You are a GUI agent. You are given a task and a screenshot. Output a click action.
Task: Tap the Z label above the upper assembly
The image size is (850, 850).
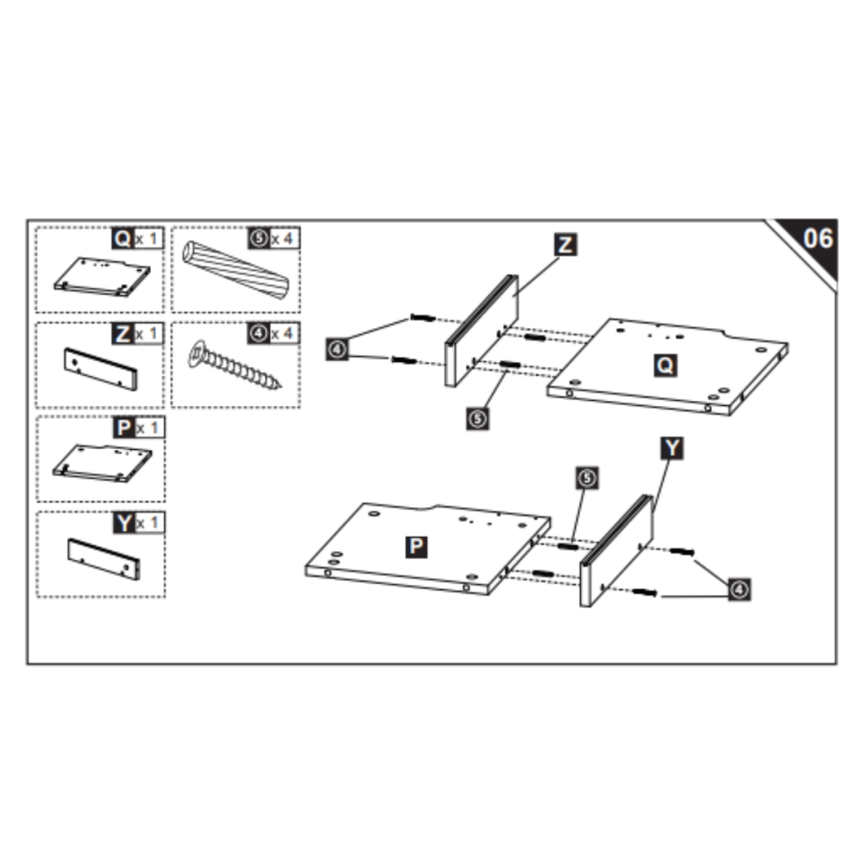(x=565, y=245)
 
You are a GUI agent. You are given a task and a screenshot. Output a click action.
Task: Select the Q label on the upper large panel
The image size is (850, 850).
(x=665, y=364)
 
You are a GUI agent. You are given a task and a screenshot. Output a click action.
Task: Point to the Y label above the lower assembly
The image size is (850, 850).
(x=672, y=448)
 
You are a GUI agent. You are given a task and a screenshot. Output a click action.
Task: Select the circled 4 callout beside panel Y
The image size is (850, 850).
(x=739, y=589)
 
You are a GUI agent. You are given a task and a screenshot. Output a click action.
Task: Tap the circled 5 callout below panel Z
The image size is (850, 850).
(x=477, y=418)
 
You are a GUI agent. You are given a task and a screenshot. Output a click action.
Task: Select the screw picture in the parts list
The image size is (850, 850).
(x=235, y=365)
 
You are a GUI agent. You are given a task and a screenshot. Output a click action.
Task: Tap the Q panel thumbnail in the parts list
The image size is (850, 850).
(x=101, y=276)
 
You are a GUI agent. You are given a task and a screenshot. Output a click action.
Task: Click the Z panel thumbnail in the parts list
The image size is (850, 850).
(x=100, y=369)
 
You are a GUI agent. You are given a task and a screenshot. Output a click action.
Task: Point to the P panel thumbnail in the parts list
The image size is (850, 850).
(x=102, y=462)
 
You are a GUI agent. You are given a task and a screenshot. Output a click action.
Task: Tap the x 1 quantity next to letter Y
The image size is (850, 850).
(x=149, y=524)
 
